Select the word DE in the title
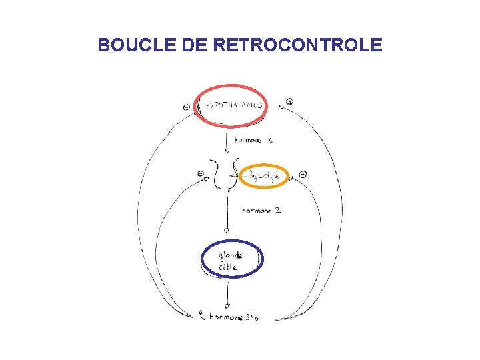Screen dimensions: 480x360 click(192, 45)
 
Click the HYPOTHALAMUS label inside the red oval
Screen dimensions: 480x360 click(233, 105)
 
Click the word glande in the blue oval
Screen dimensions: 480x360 click(230, 255)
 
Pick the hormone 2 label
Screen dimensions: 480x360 click(261, 210)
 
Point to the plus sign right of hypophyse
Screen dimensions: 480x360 click(303, 174)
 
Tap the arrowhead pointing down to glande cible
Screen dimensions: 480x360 click(227, 231)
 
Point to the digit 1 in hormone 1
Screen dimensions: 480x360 click(273, 140)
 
